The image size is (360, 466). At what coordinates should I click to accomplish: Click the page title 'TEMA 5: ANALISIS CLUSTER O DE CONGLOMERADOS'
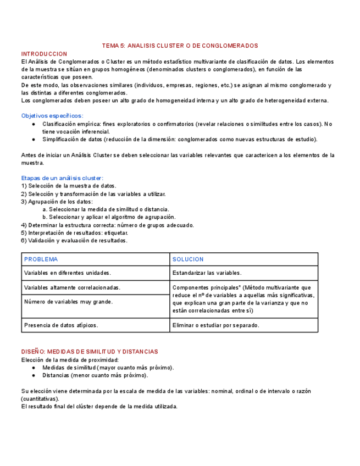point(180,46)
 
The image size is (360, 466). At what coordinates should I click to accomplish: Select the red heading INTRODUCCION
point(44,54)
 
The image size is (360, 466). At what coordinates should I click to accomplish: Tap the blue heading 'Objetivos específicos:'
point(52,116)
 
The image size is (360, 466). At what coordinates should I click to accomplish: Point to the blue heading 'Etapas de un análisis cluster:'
point(62,178)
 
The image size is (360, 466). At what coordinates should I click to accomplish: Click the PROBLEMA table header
point(41,259)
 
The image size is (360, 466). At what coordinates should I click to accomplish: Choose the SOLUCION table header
point(188,259)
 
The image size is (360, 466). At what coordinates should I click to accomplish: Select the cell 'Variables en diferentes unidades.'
point(68,273)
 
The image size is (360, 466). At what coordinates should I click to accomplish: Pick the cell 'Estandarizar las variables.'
point(207,273)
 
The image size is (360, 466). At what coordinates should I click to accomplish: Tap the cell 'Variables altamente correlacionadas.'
point(72,287)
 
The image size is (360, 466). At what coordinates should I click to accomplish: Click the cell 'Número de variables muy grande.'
point(68,302)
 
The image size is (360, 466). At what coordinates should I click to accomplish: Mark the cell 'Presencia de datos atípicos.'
point(61,325)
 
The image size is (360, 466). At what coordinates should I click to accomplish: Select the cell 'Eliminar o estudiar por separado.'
point(215,325)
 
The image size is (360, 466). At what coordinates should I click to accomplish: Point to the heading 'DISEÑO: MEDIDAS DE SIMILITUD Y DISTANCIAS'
point(90,352)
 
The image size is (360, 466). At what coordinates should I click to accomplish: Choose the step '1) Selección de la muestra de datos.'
point(69,186)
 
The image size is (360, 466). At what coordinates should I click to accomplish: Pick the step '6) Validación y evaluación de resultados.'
point(74,240)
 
